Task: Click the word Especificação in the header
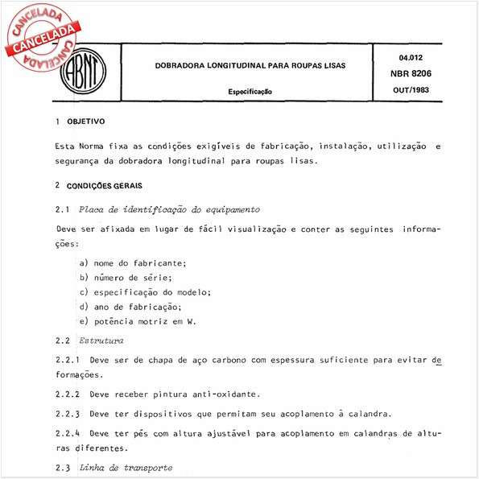click(x=250, y=92)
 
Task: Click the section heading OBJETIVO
click(x=85, y=122)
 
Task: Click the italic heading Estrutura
click(x=101, y=341)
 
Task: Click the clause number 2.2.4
click(x=68, y=433)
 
